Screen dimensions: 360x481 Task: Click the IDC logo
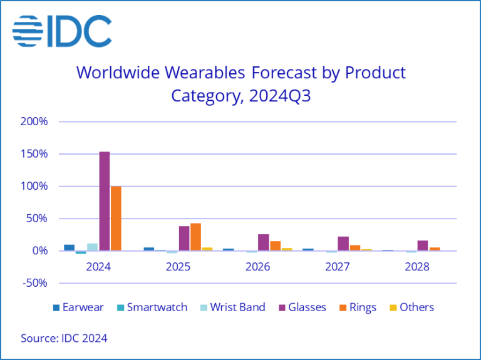pos(61,31)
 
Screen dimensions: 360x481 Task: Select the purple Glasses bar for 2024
pos(104,201)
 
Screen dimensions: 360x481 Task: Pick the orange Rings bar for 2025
pos(195,237)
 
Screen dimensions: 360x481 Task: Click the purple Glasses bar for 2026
pos(264,242)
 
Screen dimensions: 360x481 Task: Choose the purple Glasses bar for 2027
pos(343,244)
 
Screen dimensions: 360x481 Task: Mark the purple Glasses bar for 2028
pos(423,245)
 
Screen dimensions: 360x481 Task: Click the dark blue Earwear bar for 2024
pos(70,247)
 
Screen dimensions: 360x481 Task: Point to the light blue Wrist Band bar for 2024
pos(92,247)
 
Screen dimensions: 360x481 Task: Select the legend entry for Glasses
pos(300,307)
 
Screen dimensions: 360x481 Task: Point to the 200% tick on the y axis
pos(34,121)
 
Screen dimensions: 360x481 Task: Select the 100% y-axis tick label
pos(34,186)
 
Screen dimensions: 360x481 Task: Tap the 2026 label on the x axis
pos(258,266)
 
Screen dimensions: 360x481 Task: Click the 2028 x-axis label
pos(417,266)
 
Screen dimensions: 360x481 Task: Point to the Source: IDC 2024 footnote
pos(64,338)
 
